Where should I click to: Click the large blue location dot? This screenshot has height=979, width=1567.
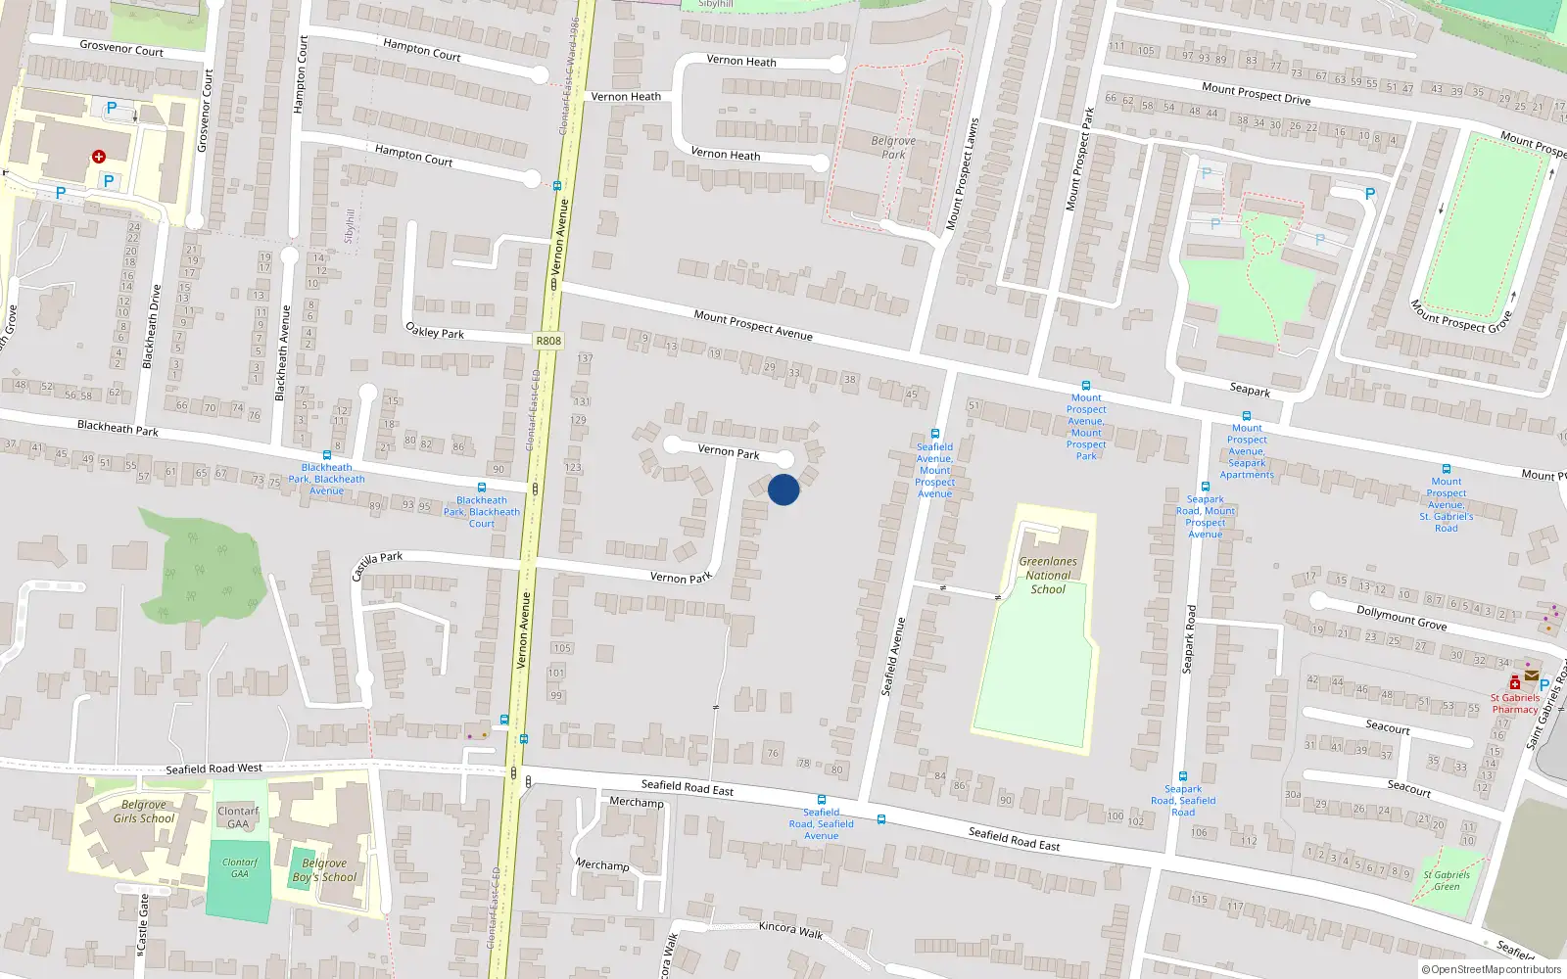[783, 489]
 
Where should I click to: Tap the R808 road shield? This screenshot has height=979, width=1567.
[548, 341]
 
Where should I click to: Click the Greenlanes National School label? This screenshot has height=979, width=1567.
[1048, 576]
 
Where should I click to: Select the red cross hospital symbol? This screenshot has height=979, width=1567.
[99, 157]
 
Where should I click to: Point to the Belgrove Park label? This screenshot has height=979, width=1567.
[893, 147]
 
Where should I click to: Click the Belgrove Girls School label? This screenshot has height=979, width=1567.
[144, 812]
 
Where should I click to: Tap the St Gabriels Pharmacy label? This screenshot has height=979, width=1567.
[1515, 703]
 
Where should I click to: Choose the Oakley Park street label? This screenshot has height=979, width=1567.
[435, 332]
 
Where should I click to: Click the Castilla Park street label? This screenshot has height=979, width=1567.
[377, 564]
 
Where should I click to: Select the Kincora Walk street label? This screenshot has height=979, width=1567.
[790, 929]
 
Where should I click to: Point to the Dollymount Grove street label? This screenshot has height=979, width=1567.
[1401, 617]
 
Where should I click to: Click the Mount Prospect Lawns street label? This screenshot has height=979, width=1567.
[962, 174]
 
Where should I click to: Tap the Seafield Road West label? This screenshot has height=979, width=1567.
[214, 769]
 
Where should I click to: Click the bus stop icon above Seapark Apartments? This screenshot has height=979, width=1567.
[1247, 416]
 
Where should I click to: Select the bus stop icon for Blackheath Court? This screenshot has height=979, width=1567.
[482, 488]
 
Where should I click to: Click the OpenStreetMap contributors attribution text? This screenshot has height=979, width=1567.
[1492, 969]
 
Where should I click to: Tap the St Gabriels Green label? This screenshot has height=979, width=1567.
[1447, 880]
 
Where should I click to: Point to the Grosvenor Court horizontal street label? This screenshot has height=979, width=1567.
[121, 48]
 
